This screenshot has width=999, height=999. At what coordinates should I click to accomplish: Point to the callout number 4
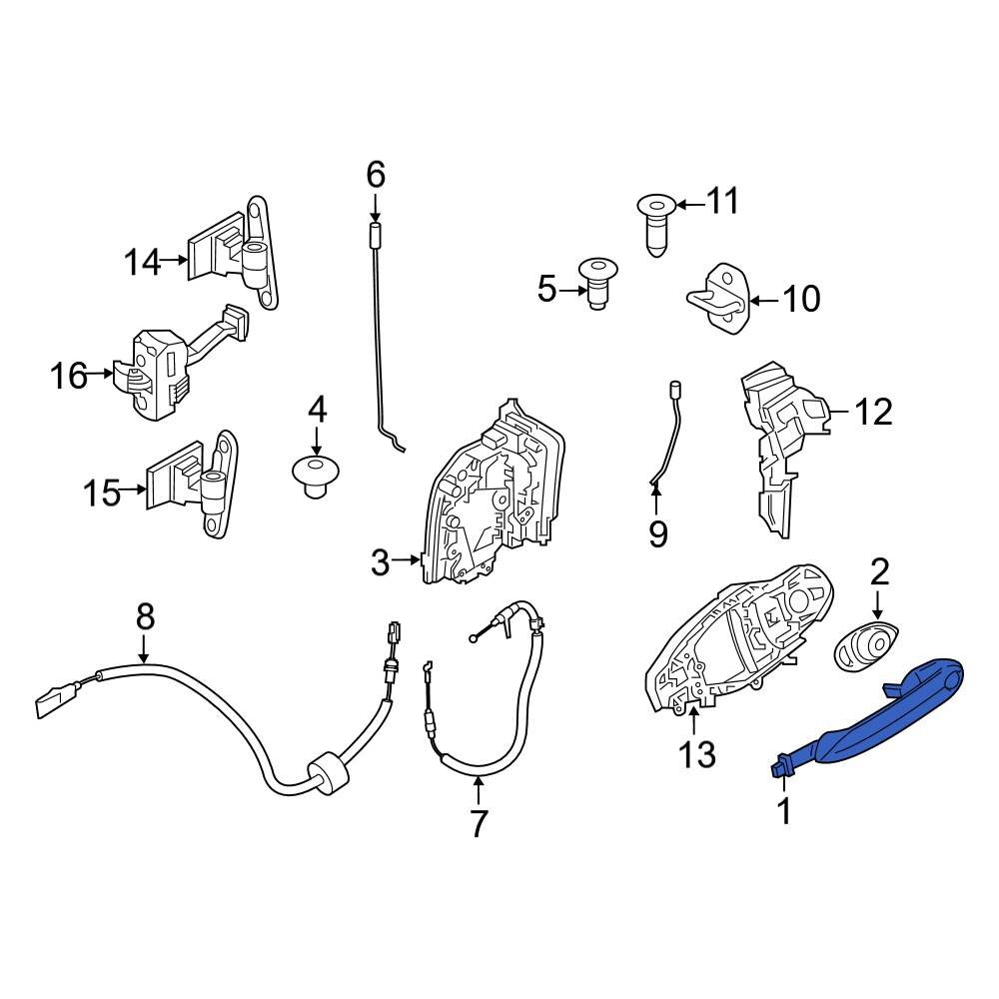(317, 410)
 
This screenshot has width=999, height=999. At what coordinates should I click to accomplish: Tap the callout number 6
(376, 176)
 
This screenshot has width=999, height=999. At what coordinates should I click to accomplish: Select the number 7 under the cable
(479, 824)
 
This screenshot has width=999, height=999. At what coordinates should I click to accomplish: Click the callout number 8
(146, 616)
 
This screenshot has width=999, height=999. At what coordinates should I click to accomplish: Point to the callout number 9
(657, 535)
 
